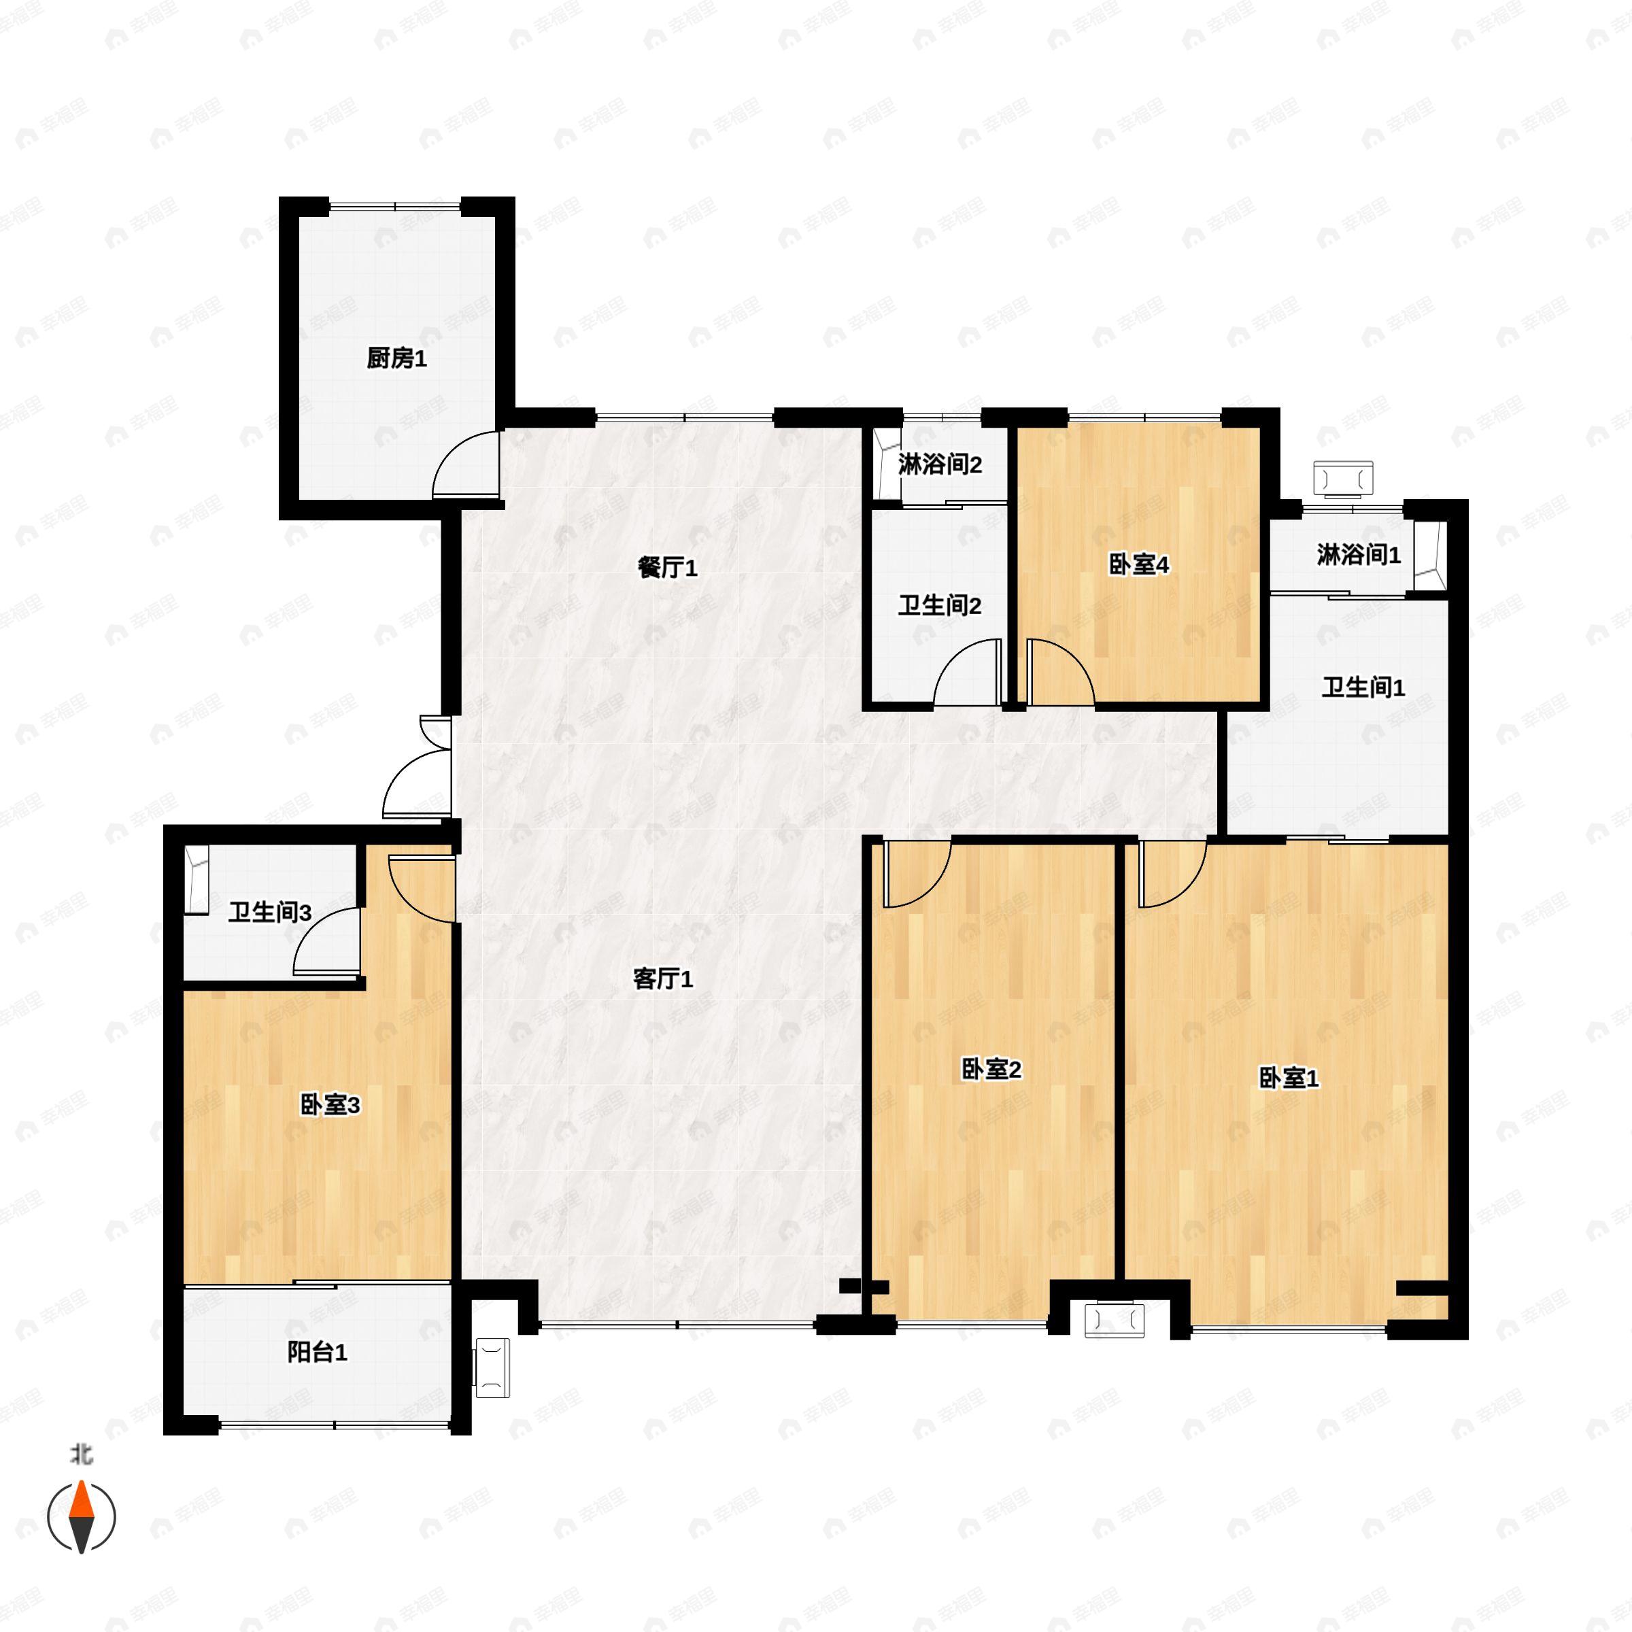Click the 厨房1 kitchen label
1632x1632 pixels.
click(x=396, y=359)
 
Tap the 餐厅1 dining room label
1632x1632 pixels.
click(x=667, y=568)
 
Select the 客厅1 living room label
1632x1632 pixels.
click(x=663, y=979)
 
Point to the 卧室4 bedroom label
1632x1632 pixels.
click(x=1139, y=565)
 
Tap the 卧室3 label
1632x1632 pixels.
click(x=330, y=1104)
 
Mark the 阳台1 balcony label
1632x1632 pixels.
click(x=317, y=1353)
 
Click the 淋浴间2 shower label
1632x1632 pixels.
click(x=939, y=464)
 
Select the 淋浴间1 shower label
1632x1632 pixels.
click(x=1359, y=555)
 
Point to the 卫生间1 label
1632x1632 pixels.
click(x=1363, y=687)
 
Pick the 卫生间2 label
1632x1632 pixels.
click(x=939, y=606)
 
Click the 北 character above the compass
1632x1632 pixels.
click(x=81, y=1454)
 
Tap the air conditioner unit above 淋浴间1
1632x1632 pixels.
click(x=1343, y=479)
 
